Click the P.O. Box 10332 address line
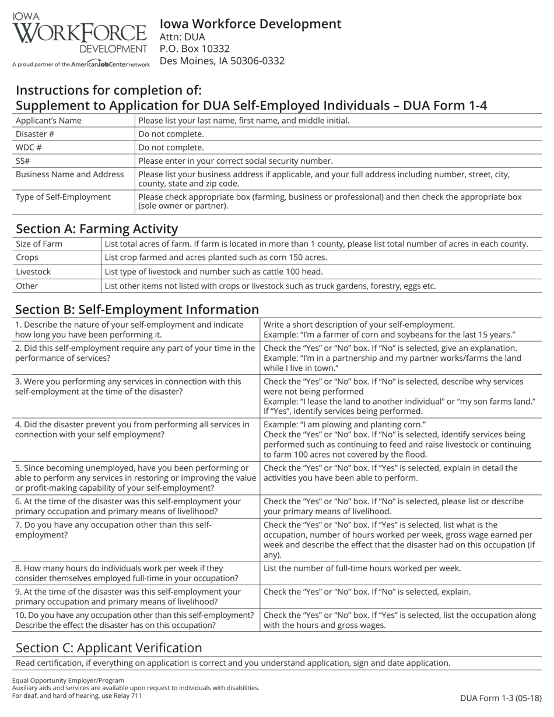point(194,49)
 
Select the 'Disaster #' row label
point(35,134)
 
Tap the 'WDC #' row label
point(29,147)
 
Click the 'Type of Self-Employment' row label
point(63,197)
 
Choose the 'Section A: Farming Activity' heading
point(97,229)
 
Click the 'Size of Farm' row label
point(39,244)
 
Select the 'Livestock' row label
point(33,272)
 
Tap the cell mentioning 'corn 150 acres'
point(216,258)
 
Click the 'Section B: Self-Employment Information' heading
point(137,310)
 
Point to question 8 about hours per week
point(127,573)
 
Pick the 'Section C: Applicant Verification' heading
point(109,648)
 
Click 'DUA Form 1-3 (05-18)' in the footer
point(500,698)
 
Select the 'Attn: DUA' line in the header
point(182,37)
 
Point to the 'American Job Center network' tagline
point(81,64)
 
